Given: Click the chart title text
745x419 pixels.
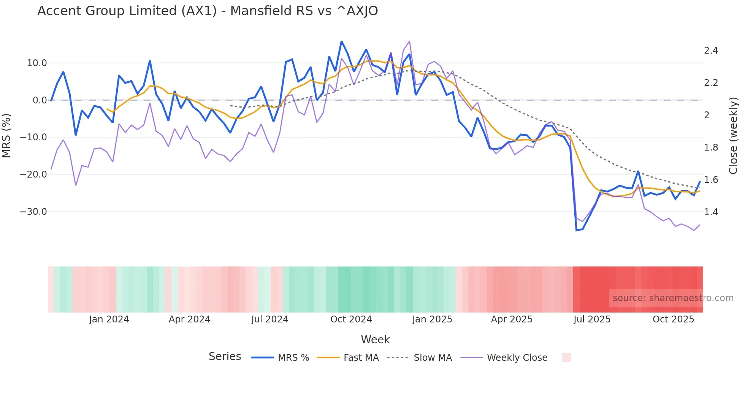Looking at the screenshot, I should tap(208, 11).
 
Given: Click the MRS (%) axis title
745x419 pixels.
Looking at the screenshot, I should tap(6, 135).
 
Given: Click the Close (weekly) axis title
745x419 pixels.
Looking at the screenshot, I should tap(733, 135).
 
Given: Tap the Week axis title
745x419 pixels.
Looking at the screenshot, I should tap(375, 340).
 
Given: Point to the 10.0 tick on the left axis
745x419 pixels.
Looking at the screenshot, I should tap(37, 63).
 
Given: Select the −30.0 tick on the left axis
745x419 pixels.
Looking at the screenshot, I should tap(33, 212).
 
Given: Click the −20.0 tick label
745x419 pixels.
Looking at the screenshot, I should tap(33, 175).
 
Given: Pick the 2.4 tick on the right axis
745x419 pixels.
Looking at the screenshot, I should tap(711, 51).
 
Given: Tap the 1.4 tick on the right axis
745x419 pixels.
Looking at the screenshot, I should tap(711, 212).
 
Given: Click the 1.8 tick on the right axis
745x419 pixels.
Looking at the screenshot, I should tap(711, 148).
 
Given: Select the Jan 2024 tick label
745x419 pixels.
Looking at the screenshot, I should tap(109, 319).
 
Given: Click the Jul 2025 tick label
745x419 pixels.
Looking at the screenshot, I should tap(592, 319).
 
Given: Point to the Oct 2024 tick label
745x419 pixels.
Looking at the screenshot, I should tap(351, 319).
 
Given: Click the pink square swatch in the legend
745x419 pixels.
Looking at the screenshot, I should tap(566, 357).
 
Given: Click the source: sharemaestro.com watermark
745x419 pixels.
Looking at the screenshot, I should tap(673, 298).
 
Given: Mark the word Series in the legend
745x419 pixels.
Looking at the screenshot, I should tap(225, 357).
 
